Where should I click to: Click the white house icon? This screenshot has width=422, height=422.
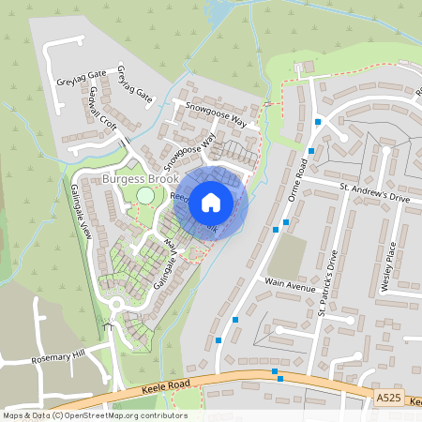click(211, 201)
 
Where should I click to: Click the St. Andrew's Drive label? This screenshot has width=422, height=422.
click(374, 193)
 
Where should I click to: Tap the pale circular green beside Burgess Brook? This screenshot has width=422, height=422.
click(145, 195)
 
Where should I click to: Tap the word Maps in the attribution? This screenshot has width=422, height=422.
click(15, 414)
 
